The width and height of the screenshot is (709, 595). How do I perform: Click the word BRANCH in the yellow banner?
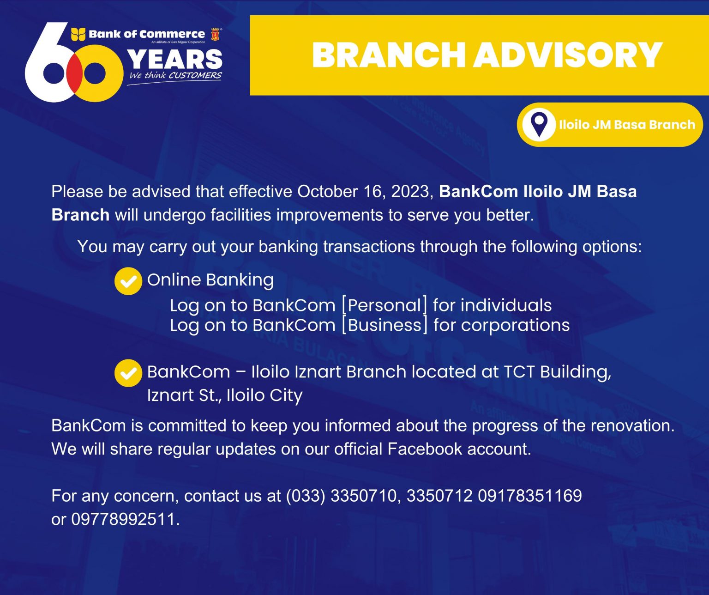click(x=389, y=55)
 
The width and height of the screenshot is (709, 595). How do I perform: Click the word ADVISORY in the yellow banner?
click(x=568, y=55)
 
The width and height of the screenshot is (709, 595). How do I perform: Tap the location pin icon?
click(x=539, y=124)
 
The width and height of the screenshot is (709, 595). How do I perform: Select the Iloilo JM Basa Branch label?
click(x=626, y=125)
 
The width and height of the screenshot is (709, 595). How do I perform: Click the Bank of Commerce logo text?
click(x=146, y=34)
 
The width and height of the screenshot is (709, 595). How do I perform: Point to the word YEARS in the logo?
click(x=174, y=60)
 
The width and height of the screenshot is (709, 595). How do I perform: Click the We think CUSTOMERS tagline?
click(x=175, y=76)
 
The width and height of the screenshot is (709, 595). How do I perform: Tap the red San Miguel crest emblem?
click(x=215, y=34)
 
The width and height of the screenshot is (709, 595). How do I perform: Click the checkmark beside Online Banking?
click(x=128, y=281)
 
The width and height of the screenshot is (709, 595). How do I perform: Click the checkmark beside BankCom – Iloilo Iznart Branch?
click(x=128, y=373)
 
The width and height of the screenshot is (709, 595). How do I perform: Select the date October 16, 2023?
click(x=365, y=192)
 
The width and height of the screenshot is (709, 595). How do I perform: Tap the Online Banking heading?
click(x=210, y=280)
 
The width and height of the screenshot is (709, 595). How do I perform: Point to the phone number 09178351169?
click(x=529, y=496)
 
